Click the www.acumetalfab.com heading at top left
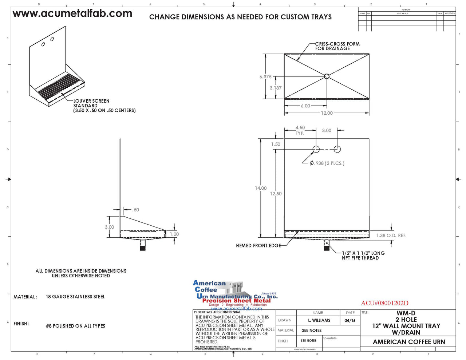coord(72,14)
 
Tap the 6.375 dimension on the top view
coord(265,77)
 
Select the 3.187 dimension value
coord(276,88)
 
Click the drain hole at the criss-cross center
coord(327,76)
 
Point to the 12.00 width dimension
coord(327,113)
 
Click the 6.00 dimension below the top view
coord(305,106)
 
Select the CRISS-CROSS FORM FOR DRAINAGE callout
coord(337,46)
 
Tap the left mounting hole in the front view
coord(316,149)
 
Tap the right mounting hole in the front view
coord(337,149)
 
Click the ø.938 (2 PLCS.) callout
coord(327,163)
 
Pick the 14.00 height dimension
coord(261,188)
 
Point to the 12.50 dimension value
coord(276,194)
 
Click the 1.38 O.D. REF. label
coord(391,236)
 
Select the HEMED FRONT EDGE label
coord(258,246)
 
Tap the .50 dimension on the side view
coord(135,210)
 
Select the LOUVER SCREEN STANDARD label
coord(104,106)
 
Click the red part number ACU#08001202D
coord(384,303)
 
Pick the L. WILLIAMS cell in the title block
coord(319,320)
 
